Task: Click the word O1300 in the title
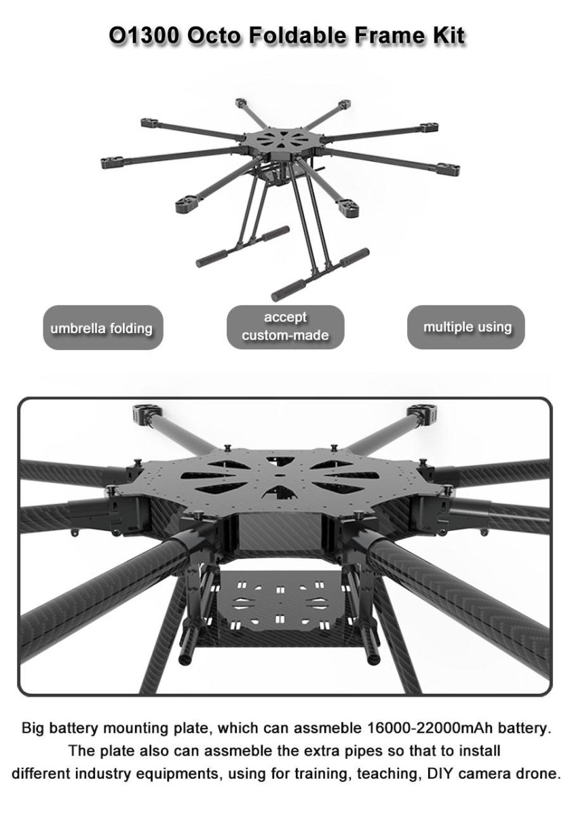pyautogui.click(x=144, y=36)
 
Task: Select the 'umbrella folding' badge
pyautogui.click(x=103, y=328)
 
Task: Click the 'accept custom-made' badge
pyautogui.click(x=286, y=327)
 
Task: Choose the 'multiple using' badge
pyautogui.click(x=465, y=327)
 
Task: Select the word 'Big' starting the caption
pyautogui.click(x=33, y=728)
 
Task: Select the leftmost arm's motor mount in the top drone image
pyautogui.click(x=113, y=162)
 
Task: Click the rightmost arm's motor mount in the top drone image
pyautogui.click(x=449, y=169)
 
